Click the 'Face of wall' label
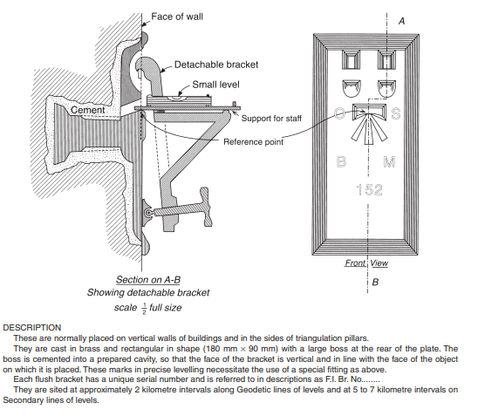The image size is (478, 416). (x=177, y=17)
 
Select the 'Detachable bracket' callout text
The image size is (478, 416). (x=216, y=65)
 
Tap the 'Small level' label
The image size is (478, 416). (x=215, y=85)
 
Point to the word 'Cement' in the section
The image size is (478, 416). (x=88, y=110)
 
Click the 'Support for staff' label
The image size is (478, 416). (x=271, y=119)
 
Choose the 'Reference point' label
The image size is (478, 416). (x=253, y=142)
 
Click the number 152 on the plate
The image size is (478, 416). (x=370, y=189)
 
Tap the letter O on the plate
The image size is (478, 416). (x=339, y=113)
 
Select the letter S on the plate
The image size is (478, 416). (x=396, y=113)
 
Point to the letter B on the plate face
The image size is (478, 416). (x=341, y=161)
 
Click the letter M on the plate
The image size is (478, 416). (x=389, y=161)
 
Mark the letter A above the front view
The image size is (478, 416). (x=402, y=21)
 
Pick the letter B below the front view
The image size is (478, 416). (x=375, y=282)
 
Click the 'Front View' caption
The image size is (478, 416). (x=366, y=263)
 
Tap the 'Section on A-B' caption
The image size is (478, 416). (x=148, y=279)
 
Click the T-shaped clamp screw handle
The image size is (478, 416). (x=205, y=207)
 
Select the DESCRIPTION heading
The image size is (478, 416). (x=32, y=328)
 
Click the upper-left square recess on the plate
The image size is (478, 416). (x=351, y=60)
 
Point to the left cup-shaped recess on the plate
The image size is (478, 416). (x=352, y=88)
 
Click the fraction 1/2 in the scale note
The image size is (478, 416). (x=144, y=309)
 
